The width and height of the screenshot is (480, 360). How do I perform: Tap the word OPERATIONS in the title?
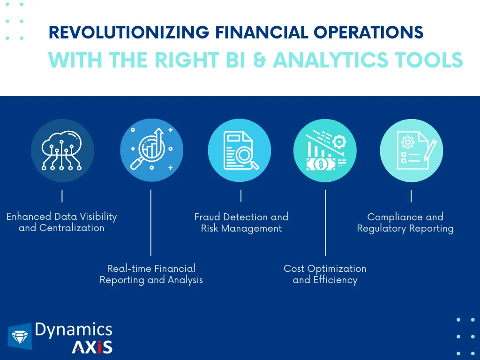368,32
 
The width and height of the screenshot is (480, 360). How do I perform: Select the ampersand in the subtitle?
260,60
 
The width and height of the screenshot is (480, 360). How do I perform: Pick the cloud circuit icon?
62,150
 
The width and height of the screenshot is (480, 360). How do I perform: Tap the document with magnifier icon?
240,150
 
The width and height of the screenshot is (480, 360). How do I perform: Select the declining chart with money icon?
326,150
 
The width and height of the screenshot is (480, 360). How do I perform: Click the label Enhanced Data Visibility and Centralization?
61,222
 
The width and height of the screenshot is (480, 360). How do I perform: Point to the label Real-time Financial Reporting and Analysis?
151,274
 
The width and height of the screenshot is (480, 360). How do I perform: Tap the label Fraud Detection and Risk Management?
241,223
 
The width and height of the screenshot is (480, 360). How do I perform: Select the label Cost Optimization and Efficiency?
325,274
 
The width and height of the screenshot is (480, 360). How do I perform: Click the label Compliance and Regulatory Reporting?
405,223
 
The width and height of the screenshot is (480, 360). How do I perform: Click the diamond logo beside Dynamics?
20,337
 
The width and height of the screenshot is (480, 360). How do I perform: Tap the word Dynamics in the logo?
74,330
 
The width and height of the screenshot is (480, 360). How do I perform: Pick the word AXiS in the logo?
92,347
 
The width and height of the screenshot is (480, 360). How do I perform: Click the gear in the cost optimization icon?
339,142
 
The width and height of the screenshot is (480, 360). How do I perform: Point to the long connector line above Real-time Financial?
151,223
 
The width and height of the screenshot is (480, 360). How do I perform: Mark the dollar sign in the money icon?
321,165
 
